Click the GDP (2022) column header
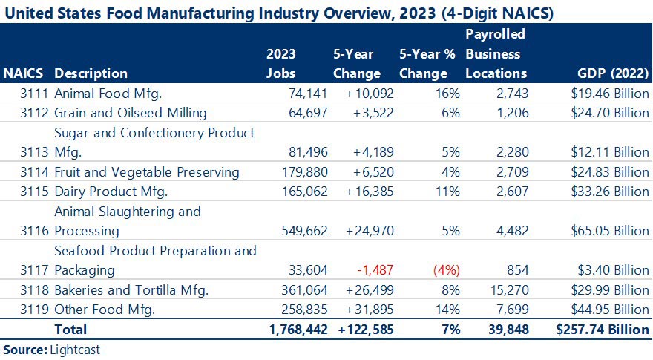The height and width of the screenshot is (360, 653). click(x=612, y=73)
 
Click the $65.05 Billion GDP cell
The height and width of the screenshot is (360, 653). click(x=608, y=230)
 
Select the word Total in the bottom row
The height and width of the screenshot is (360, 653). click(x=70, y=329)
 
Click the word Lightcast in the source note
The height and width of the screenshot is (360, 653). click(x=74, y=349)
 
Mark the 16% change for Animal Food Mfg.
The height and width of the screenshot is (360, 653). click(x=448, y=93)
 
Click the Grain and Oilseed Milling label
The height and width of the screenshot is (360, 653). click(x=131, y=113)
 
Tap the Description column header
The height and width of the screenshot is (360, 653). click(x=91, y=73)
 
